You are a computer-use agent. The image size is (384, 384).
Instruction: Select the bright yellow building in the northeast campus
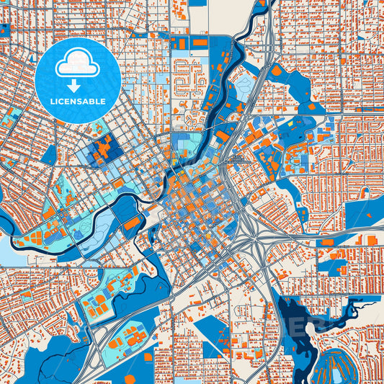pyautogui.click(x=292, y=124)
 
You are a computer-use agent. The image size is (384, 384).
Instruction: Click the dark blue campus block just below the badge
pyautogui.click(x=101, y=150)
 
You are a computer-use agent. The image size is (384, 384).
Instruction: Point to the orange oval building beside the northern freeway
pyautogui.click(x=276, y=71)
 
